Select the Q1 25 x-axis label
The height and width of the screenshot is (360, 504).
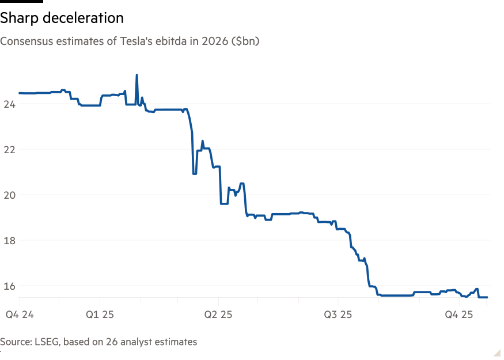click(100, 314)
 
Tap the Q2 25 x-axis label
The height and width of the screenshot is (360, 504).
click(219, 314)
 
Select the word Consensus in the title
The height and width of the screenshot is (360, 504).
click(24, 41)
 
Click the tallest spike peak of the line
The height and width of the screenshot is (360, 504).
click(137, 75)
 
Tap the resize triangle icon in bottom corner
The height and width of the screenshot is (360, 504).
click(497, 352)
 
